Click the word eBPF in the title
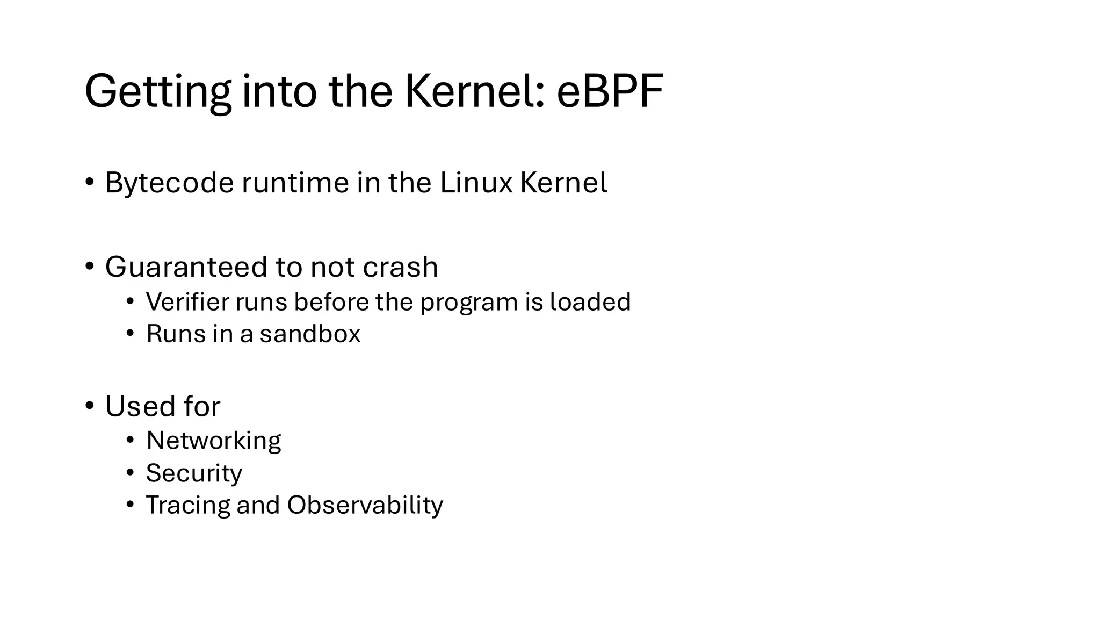pos(610,91)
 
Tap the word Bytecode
pos(169,183)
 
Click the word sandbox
pos(310,334)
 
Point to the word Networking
pos(213,441)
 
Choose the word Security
pos(194,473)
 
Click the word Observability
pos(365,505)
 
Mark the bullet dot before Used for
pos(90,405)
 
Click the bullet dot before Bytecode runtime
pos(90,182)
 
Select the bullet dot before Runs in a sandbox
pos(130,333)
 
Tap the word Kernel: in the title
pos(475,91)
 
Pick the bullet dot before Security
pos(130,472)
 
